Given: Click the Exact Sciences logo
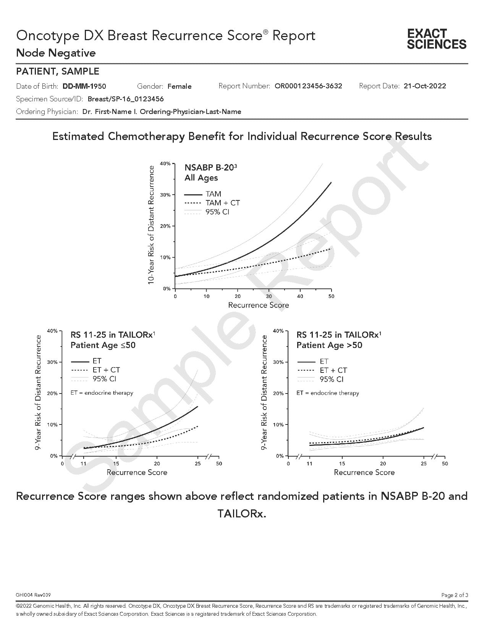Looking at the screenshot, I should point(437,39).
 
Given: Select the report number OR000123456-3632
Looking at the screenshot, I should point(308,86).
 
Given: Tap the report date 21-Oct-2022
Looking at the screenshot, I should point(425,86).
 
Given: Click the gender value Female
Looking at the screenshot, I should point(180,86).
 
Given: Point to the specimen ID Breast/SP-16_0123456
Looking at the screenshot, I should point(126,99).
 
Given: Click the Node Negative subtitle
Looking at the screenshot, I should point(56,53).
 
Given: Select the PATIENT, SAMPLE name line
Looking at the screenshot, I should point(58,71).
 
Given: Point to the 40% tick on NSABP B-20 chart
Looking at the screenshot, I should point(165,164).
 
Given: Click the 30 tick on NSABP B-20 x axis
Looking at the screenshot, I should point(269,296).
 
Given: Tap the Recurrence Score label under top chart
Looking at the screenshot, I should point(258,305).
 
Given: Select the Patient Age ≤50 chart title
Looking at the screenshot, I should point(103,345).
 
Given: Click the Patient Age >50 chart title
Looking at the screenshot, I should point(329,345).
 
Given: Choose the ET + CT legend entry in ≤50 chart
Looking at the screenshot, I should point(106,370).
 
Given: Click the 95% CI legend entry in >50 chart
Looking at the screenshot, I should point(331,379).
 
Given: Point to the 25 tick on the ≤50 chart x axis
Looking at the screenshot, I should point(197,464).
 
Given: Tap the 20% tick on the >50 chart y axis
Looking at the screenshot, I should point(278,394).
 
